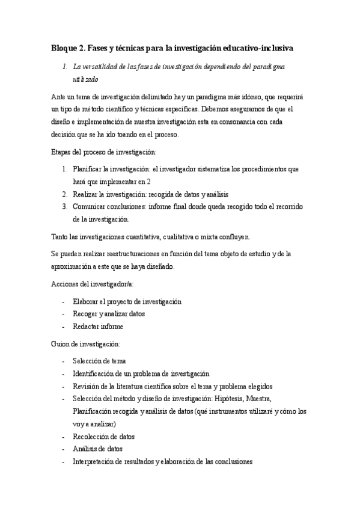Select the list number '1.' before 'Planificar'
tap(66, 169)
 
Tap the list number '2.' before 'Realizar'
tap(66, 194)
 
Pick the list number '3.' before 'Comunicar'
tap(66, 207)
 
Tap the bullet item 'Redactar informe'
tap(98, 326)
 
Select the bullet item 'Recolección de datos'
tap(103, 436)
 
